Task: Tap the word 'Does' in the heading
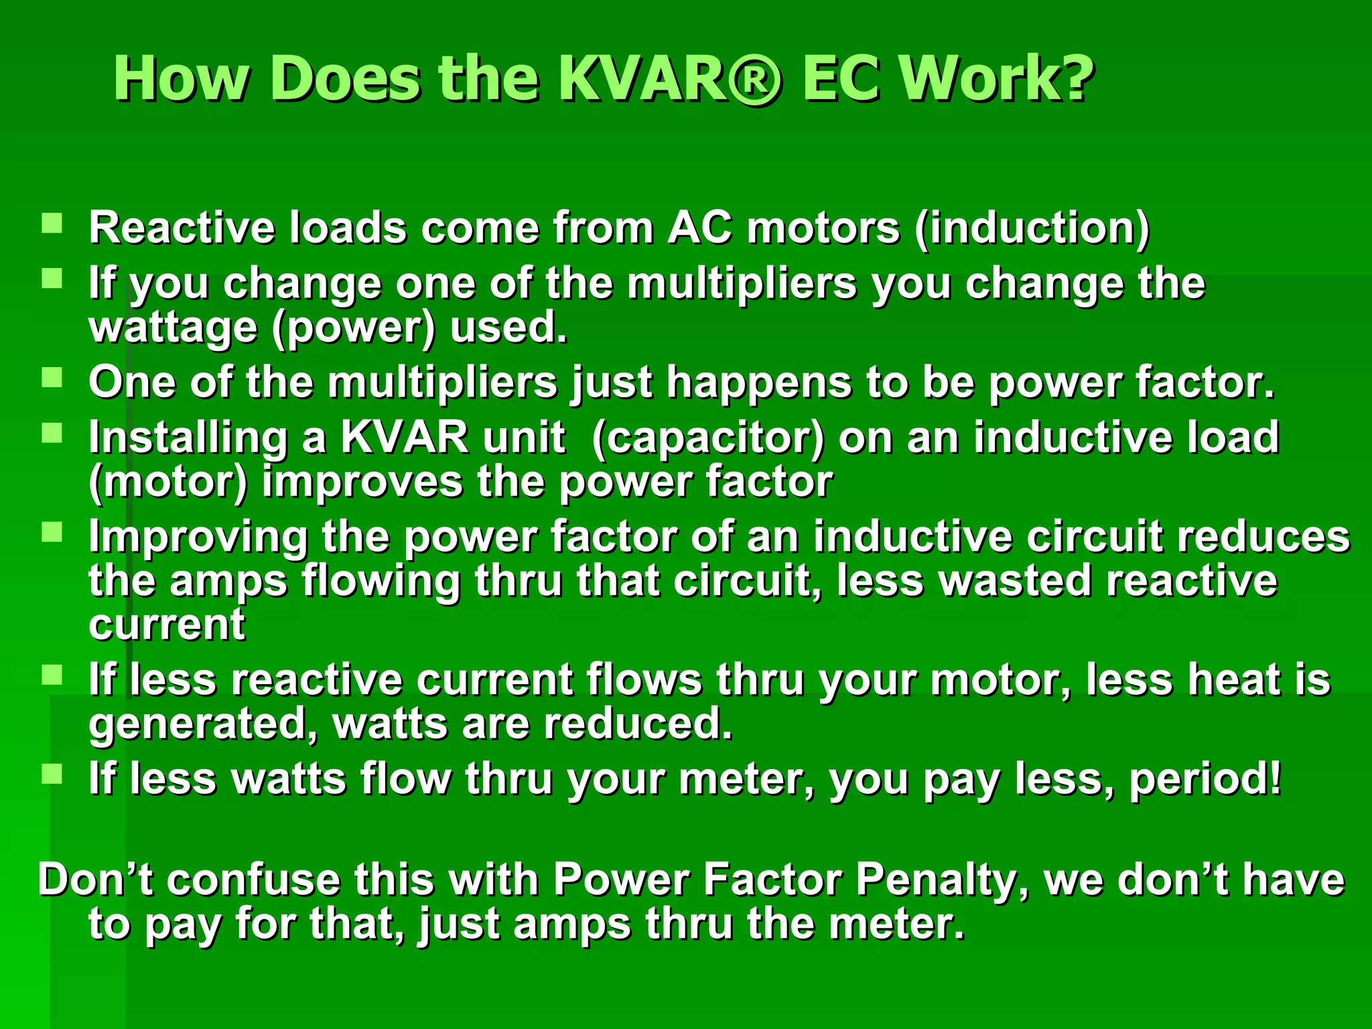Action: click(346, 79)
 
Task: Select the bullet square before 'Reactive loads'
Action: click(52, 223)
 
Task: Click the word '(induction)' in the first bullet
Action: click(1032, 228)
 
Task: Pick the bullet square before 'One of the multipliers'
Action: click(52, 378)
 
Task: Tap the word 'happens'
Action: click(758, 384)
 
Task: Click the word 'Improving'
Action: click(198, 538)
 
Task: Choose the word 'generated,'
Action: click(204, 725)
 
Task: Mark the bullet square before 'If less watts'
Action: click(52, 774)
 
